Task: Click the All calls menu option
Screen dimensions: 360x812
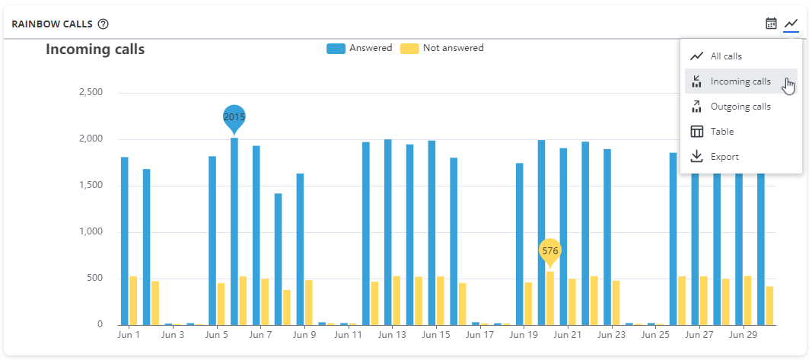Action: click(725, 56)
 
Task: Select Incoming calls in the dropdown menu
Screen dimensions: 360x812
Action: click(740, 81)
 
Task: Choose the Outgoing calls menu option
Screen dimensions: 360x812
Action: click(740, 107)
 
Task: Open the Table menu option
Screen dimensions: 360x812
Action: click(721, 132)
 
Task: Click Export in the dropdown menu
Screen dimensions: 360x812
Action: click(724, 157)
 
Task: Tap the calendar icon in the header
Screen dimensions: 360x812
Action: click(771, 24)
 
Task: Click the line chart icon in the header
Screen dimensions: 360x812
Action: click(791, 24)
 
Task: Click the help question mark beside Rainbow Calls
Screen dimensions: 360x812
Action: click(103, 24)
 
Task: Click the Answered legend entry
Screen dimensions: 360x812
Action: click(360, 48)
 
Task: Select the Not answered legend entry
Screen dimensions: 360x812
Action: click(442, 48)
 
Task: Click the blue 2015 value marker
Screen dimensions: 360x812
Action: click(234, 117)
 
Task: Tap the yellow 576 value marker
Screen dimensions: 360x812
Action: click(550, 250)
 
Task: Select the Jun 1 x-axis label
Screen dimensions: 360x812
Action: click(129, 335)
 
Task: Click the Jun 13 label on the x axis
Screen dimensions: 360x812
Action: click(392, 335)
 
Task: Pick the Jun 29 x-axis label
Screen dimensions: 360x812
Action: click(743, 335)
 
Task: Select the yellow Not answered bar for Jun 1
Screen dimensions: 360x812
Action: click(133, 301)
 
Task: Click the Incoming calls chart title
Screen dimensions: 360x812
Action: click(95, 49)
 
